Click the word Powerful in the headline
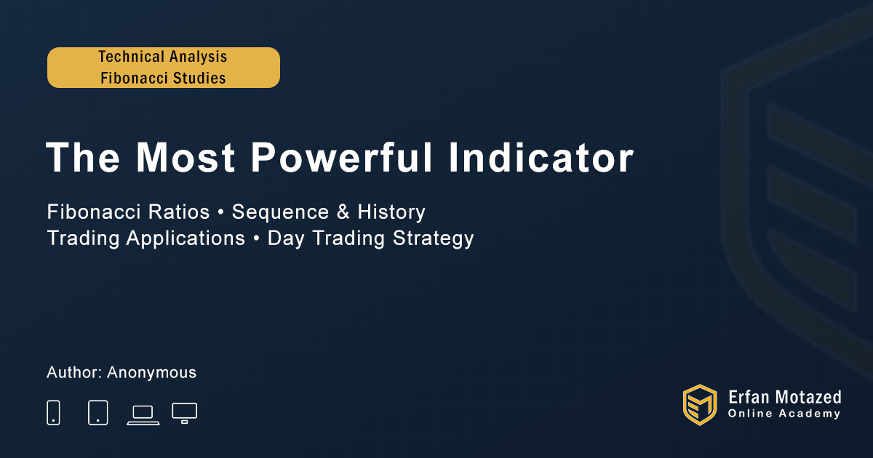click(x=341, y=157)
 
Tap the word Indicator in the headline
click(x=541, y=157)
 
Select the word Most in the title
click(x=185, y=157)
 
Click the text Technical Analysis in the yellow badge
click(x=162, y=57)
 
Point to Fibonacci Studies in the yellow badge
click(x=163, y=78)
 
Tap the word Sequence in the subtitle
click(x=280, y=212)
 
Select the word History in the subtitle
click(x=391, y=212)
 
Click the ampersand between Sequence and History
click(x=343, y=212)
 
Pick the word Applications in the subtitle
click(x=186, y=238)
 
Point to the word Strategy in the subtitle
click(x=433, y=238)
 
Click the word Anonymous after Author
click(x=151, y=373)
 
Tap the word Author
click(x=74, y=372)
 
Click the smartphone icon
click(x=53, y=412)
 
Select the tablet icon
click(x=97, y=412)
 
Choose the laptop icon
click(x=143, y=415)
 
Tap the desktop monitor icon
click(x=184, y=413)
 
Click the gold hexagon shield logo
click(x=700, y=405)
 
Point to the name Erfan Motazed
click(x=784, y=398)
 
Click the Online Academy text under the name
click(x=784, y=414)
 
